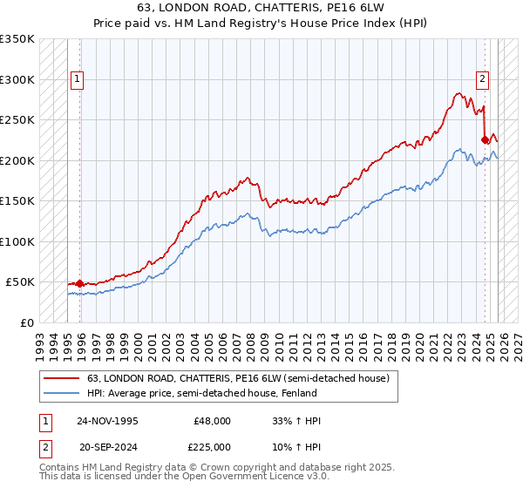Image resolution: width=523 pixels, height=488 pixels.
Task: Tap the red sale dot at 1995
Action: point(80,283)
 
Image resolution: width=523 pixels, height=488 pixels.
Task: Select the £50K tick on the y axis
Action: point(20,282)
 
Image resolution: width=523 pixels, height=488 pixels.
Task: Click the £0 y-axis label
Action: point(26,322)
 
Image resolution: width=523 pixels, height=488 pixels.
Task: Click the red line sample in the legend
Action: point(62,377)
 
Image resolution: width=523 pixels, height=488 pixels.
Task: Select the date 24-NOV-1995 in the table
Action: point(107,421)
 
